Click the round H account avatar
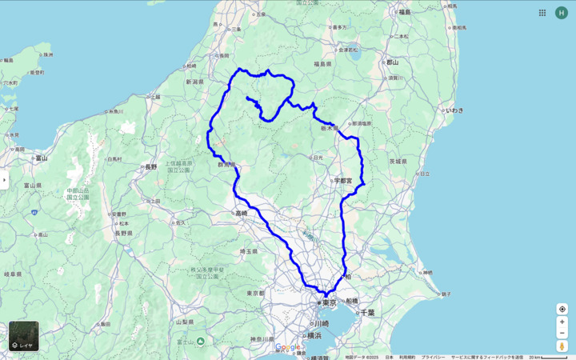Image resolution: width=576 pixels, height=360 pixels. click(x=562, y=13)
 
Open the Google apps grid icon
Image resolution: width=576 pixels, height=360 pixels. click(x=542, y=13)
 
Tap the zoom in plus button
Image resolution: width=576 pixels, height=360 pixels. click(x=562, y=322)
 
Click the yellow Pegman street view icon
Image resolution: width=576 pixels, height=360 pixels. click(x=562, y=346)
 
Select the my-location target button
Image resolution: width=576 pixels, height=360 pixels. click(x=562, y=309)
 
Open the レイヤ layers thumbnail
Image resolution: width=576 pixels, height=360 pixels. click(x=23, y=336)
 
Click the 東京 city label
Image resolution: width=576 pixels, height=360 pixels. click(x=330, y=302)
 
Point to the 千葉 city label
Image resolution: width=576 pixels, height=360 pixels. click(x=367, y=312)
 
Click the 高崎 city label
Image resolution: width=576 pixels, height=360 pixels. click(x=242, y=213)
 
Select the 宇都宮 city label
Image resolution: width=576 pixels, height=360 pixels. click(x=343, y=181)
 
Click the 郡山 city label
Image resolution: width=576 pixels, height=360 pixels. click(x=392, y=62)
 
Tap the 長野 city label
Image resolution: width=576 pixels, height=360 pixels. click(x=150, y=167)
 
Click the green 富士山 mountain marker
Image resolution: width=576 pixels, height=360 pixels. click(x=200, y=342)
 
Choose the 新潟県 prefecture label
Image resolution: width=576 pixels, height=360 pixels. click(x=196, y=82)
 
